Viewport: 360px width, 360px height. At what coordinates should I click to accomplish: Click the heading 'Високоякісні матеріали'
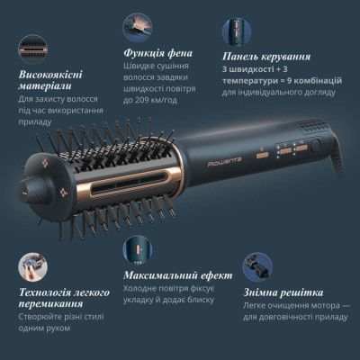click(x=52, y=78)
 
